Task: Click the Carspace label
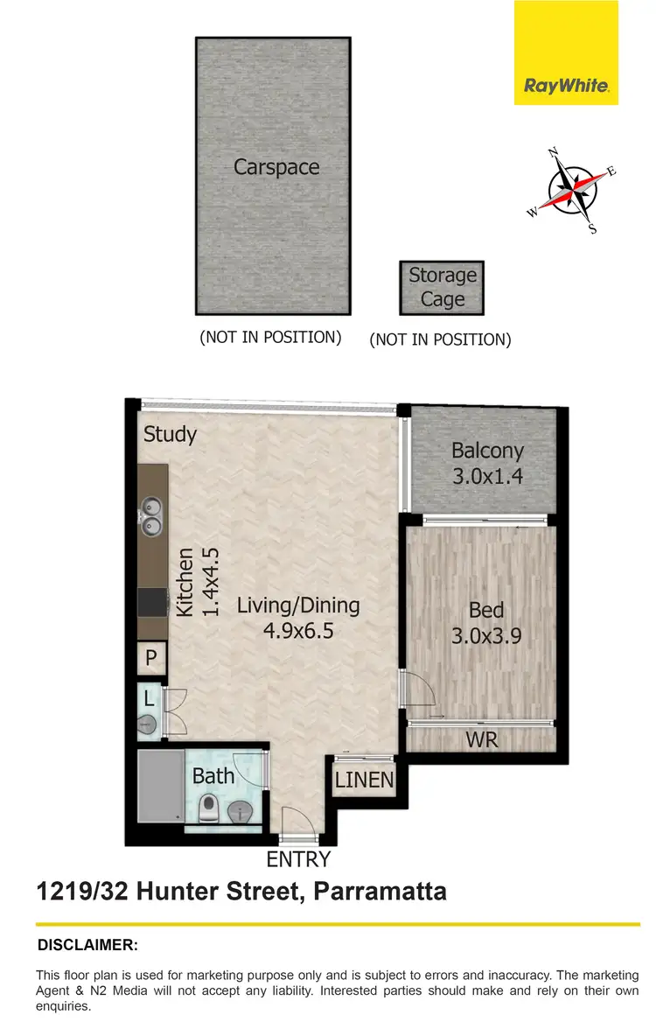point(276,167)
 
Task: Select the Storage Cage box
point(443,288)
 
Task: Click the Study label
point(170,434)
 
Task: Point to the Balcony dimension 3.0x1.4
point(487,478)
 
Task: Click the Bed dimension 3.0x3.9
point(486,636)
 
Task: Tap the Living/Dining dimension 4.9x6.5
point(298,631)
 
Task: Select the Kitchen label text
point(185,583)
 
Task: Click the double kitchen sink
point(151,515)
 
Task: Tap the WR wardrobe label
point(481,740)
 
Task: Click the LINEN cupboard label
point(365,779)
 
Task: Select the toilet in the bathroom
point(207,809)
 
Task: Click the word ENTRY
point(298,859)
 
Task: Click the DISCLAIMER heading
point(87,945)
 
